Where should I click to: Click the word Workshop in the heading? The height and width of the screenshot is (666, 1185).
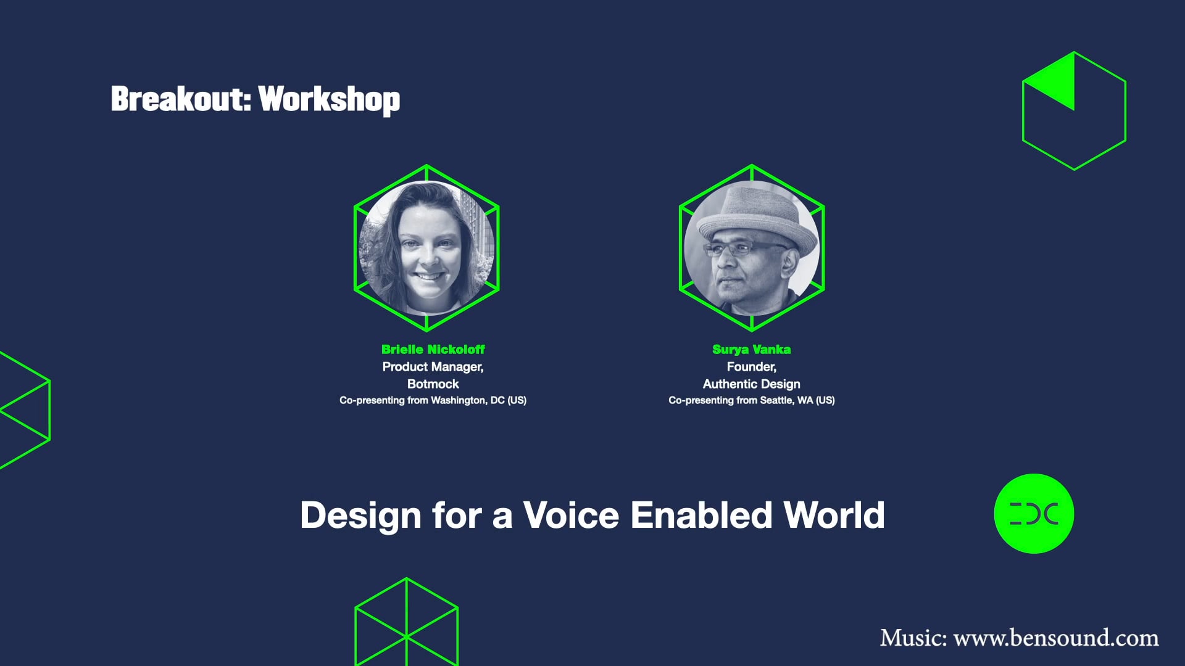point(329,100)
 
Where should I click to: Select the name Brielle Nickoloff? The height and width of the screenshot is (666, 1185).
point(433,349)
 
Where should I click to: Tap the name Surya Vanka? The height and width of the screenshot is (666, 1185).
point(751,349)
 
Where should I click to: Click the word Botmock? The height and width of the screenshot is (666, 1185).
point(433,384)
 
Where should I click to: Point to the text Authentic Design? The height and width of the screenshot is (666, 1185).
point(751,384)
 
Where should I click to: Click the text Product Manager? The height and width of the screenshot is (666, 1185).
point(432,367)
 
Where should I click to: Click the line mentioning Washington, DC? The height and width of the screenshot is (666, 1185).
point(433,400)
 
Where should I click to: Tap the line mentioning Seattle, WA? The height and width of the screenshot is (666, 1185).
point(751,400)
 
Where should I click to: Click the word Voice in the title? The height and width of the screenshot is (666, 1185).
point(571,515)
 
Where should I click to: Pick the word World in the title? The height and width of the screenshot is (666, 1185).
point(834,515)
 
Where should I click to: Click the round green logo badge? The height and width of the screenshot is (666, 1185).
point(1034,513)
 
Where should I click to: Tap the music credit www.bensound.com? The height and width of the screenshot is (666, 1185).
point(1055,638)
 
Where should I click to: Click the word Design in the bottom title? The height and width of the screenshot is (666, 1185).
point(360,515)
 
